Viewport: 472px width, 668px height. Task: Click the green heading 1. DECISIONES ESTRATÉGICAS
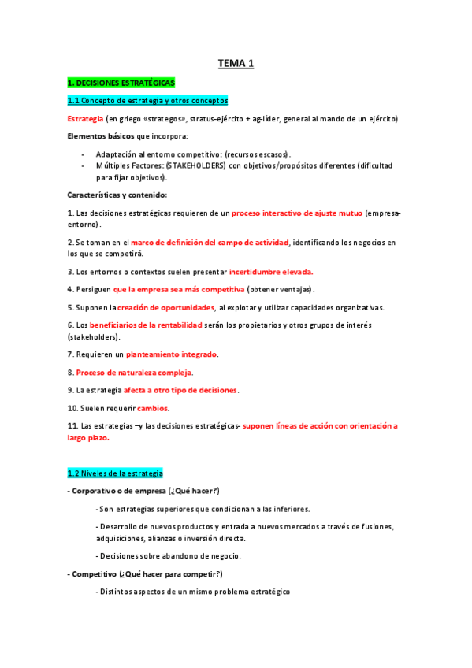tap(121, 82)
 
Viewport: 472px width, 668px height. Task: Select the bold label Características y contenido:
tap(117, 195)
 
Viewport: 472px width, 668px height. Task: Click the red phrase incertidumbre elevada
tap(271, 271)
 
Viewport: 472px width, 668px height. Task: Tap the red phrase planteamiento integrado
tap(171, 354)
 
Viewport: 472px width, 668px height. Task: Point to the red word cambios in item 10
tap(153, 408)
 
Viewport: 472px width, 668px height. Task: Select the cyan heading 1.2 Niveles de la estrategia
tap(115, 473)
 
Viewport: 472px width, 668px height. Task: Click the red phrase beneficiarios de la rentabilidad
tap(154, 325)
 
